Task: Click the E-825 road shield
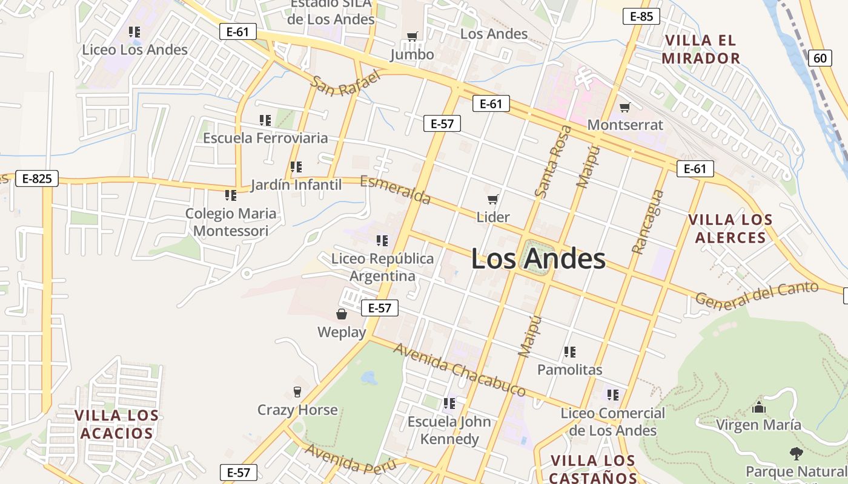[x=37, y=178]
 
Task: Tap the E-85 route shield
[x=641, y=16]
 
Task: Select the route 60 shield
[x=819, y=58]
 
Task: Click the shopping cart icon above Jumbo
[x=412, y=37]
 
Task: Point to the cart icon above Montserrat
[x=625, y=107]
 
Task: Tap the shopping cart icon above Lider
[x=493, y=199]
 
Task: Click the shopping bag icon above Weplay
[x=342, y=314]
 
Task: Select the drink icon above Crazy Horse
[x=297, y=391]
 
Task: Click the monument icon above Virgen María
[x=758, y=407]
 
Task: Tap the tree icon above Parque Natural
[x=796, y=453]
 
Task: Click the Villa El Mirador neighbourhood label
[x=701, y=50]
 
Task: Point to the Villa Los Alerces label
[x=730, y=229]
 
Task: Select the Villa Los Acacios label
[x=116, y=424]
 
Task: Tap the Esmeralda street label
[x=396, y=190]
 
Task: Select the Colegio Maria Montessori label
[x=231, y=222]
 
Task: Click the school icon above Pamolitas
[x=569, y=352]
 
